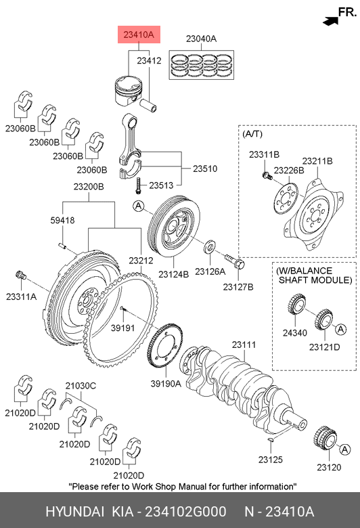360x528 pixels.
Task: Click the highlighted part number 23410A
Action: point(139,35)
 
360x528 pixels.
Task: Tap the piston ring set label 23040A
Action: point(202,39)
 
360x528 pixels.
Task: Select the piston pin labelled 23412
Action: point(149,104)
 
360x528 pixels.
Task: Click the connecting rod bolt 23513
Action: point(137,185)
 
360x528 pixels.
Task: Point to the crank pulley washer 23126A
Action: point(210,247)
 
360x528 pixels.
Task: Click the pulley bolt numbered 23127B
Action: point(235,261)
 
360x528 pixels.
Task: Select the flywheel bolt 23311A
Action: point(21,275)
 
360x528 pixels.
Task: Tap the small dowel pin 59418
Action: point(62,246)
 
